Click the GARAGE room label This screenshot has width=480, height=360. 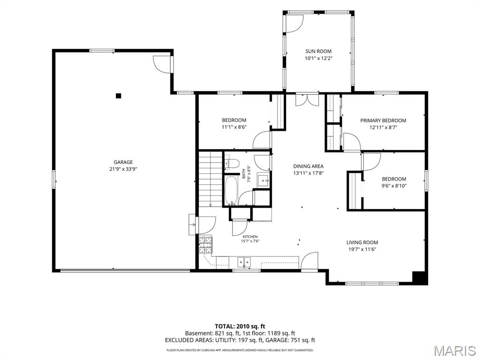click(x=123, y=162)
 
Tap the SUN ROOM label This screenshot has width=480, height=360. click(x=318, y=52)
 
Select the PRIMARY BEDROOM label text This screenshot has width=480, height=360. click(x=383, y=120)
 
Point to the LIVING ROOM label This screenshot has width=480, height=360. click(x=362, y=242)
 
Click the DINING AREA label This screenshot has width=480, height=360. click(x=308, y=166)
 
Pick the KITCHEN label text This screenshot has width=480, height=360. click(x=250, y=237)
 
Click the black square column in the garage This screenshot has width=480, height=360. click(x=119, y=96)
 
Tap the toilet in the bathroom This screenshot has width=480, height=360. click(x=232, y=163)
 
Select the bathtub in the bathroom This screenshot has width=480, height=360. click(x=231, y=190)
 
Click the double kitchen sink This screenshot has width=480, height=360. click(x=244, y=262)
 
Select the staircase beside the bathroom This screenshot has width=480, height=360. click(x=210, y=179)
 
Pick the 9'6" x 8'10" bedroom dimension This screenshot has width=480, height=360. click(x=394, y=186)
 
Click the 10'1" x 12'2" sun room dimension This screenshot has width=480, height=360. click(x=318, y=58)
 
